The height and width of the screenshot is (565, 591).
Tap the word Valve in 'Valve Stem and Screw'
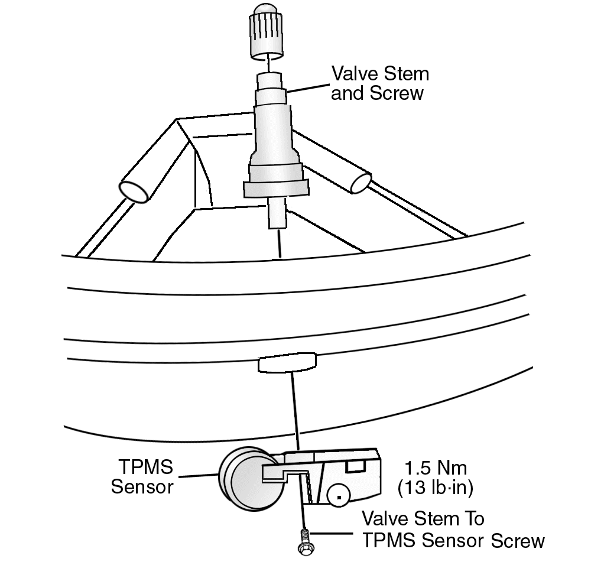(353, 74)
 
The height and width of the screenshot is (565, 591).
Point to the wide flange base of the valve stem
(276, 188)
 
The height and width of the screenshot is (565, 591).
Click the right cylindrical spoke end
(361, 183)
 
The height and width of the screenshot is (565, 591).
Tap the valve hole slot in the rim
(287, 362)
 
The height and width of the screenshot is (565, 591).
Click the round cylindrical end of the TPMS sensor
(242, 479)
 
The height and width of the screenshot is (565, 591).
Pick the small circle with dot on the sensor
(337, 495)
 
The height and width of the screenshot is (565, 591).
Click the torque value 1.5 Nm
(432, 469)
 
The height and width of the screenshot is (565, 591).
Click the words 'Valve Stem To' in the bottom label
(423, 519)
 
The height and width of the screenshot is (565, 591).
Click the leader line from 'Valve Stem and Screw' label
(307, 89)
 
